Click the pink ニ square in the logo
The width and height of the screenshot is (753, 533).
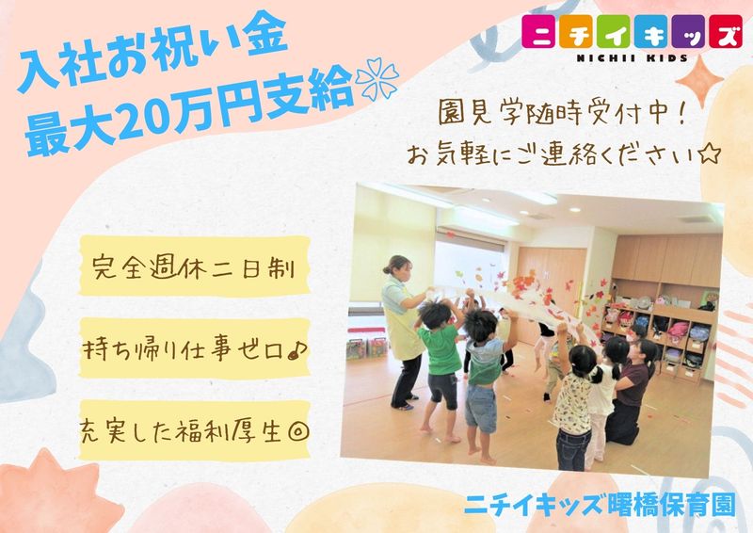tap(539, 33)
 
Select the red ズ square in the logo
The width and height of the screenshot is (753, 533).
tap(723, 33)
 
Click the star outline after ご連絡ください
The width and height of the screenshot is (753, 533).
tap(709, 153)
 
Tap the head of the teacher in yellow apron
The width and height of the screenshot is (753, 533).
tap(396, 268)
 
